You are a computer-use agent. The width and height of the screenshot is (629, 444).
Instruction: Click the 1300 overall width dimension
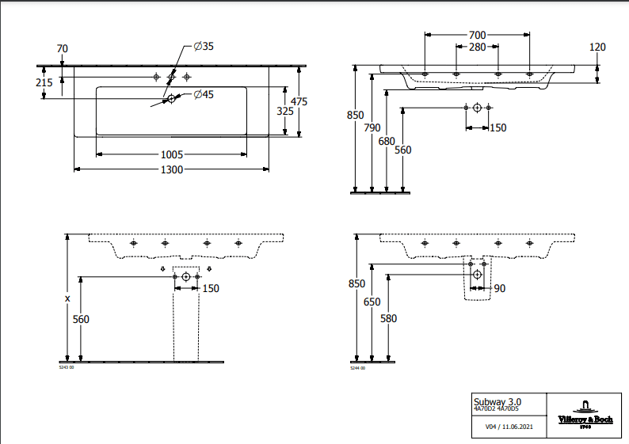tap(173, 169)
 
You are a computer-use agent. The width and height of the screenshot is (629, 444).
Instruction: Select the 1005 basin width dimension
tap(172, 154)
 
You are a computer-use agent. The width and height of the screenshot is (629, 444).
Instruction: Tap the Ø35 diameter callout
tap(204, 47)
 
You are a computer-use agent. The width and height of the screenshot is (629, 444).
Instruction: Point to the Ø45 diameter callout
tap(204, 95)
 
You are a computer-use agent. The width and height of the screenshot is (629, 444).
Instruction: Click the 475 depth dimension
tap(299, 101)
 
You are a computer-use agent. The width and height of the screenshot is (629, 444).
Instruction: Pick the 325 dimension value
tap(284, 112)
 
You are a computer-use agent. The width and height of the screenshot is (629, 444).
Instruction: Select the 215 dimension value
tap(44, 82)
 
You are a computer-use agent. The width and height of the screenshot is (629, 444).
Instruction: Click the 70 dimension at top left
tap(63, 48)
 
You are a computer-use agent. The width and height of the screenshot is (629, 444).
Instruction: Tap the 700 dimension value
tap(476, 36)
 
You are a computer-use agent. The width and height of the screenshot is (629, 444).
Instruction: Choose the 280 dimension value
tap(476, 48)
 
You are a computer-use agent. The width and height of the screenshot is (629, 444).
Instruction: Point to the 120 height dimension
tap(597, 47)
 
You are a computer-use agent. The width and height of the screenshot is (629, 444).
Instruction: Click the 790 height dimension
tap(372, 127)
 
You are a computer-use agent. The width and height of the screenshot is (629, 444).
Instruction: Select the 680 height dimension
tap(387, 141)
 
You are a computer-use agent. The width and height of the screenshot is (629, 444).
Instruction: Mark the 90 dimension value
tap(499, 289)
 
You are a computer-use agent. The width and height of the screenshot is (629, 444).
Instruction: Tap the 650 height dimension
tap(372, 302)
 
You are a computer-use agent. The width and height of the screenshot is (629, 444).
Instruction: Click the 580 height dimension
tap(388, 318)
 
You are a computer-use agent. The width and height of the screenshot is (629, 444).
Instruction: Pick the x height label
tap(67, 298)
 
